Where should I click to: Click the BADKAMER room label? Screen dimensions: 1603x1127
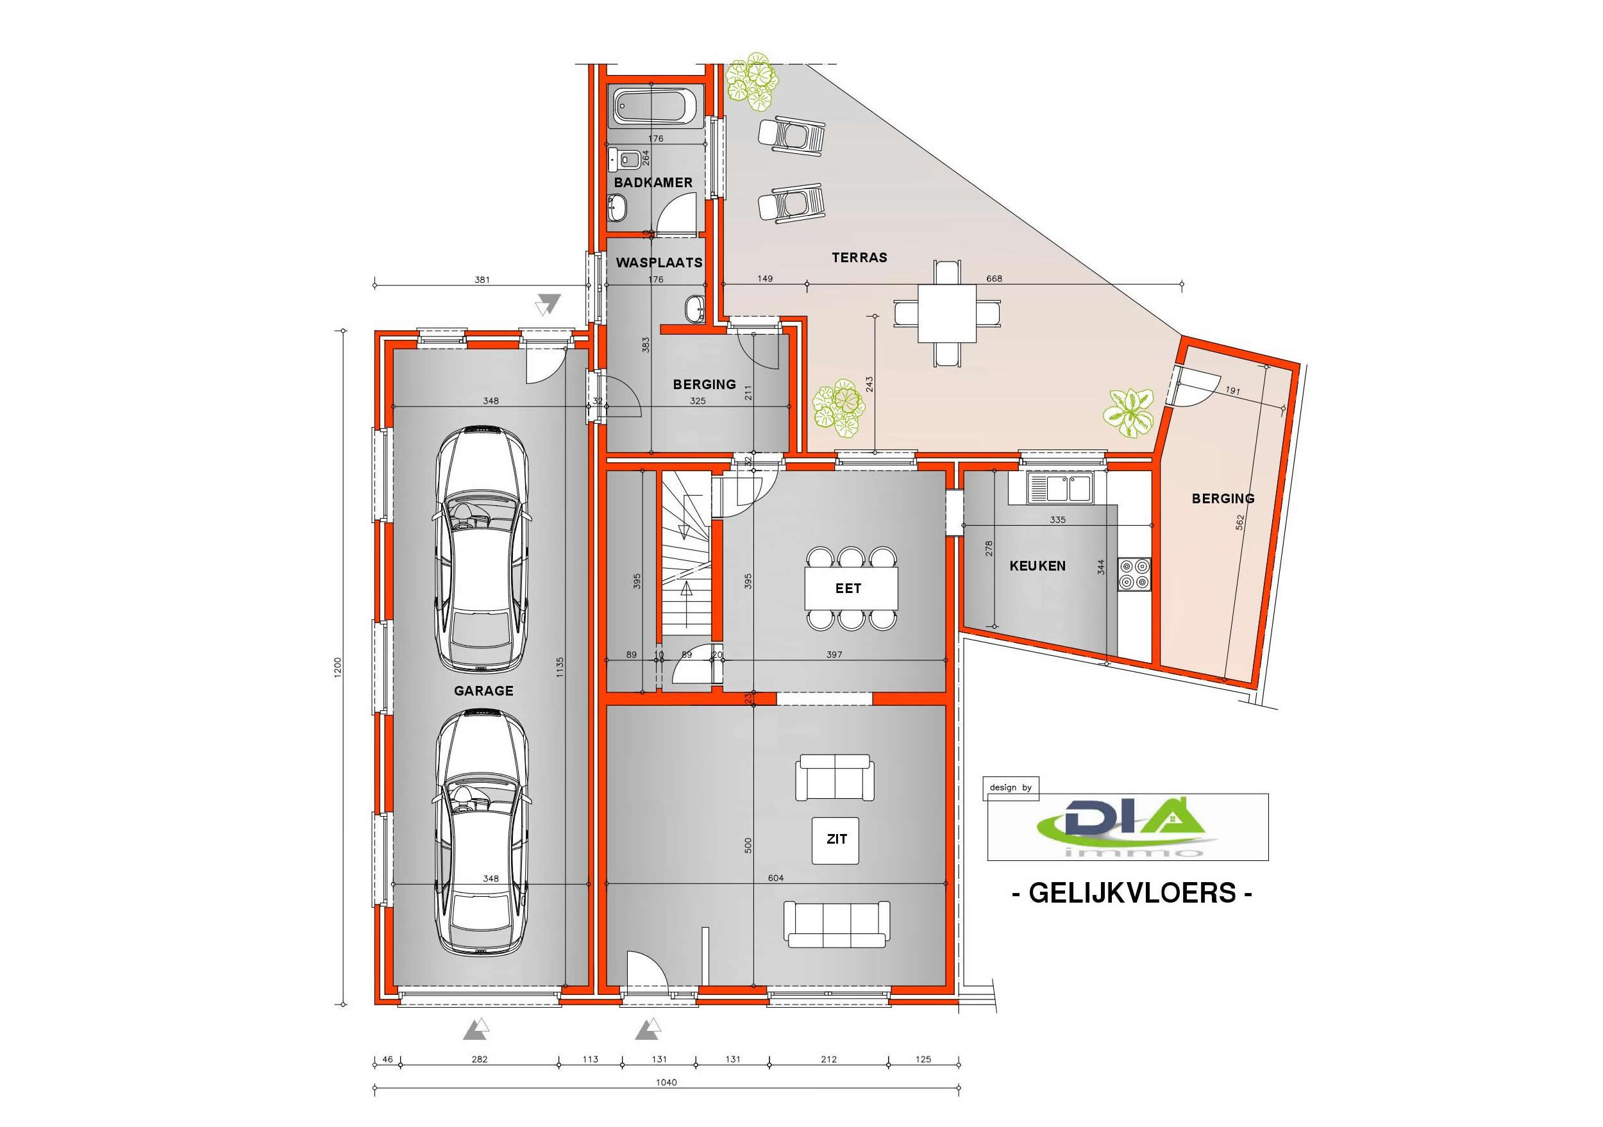[653, 183]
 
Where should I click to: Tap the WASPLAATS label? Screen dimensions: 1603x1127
[659, 263]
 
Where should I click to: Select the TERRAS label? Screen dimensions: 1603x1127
[859, 258]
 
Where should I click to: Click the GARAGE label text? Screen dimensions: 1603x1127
[484, 691]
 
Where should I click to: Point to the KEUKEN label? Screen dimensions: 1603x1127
[1037, 566]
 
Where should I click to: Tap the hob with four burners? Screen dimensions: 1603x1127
[1134, 574]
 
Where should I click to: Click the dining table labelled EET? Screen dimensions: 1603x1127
[851, 589]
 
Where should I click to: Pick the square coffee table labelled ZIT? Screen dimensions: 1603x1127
[836, 840]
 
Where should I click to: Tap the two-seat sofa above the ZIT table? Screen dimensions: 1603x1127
[834, 778]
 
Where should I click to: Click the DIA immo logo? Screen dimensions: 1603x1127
[1127, 827]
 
